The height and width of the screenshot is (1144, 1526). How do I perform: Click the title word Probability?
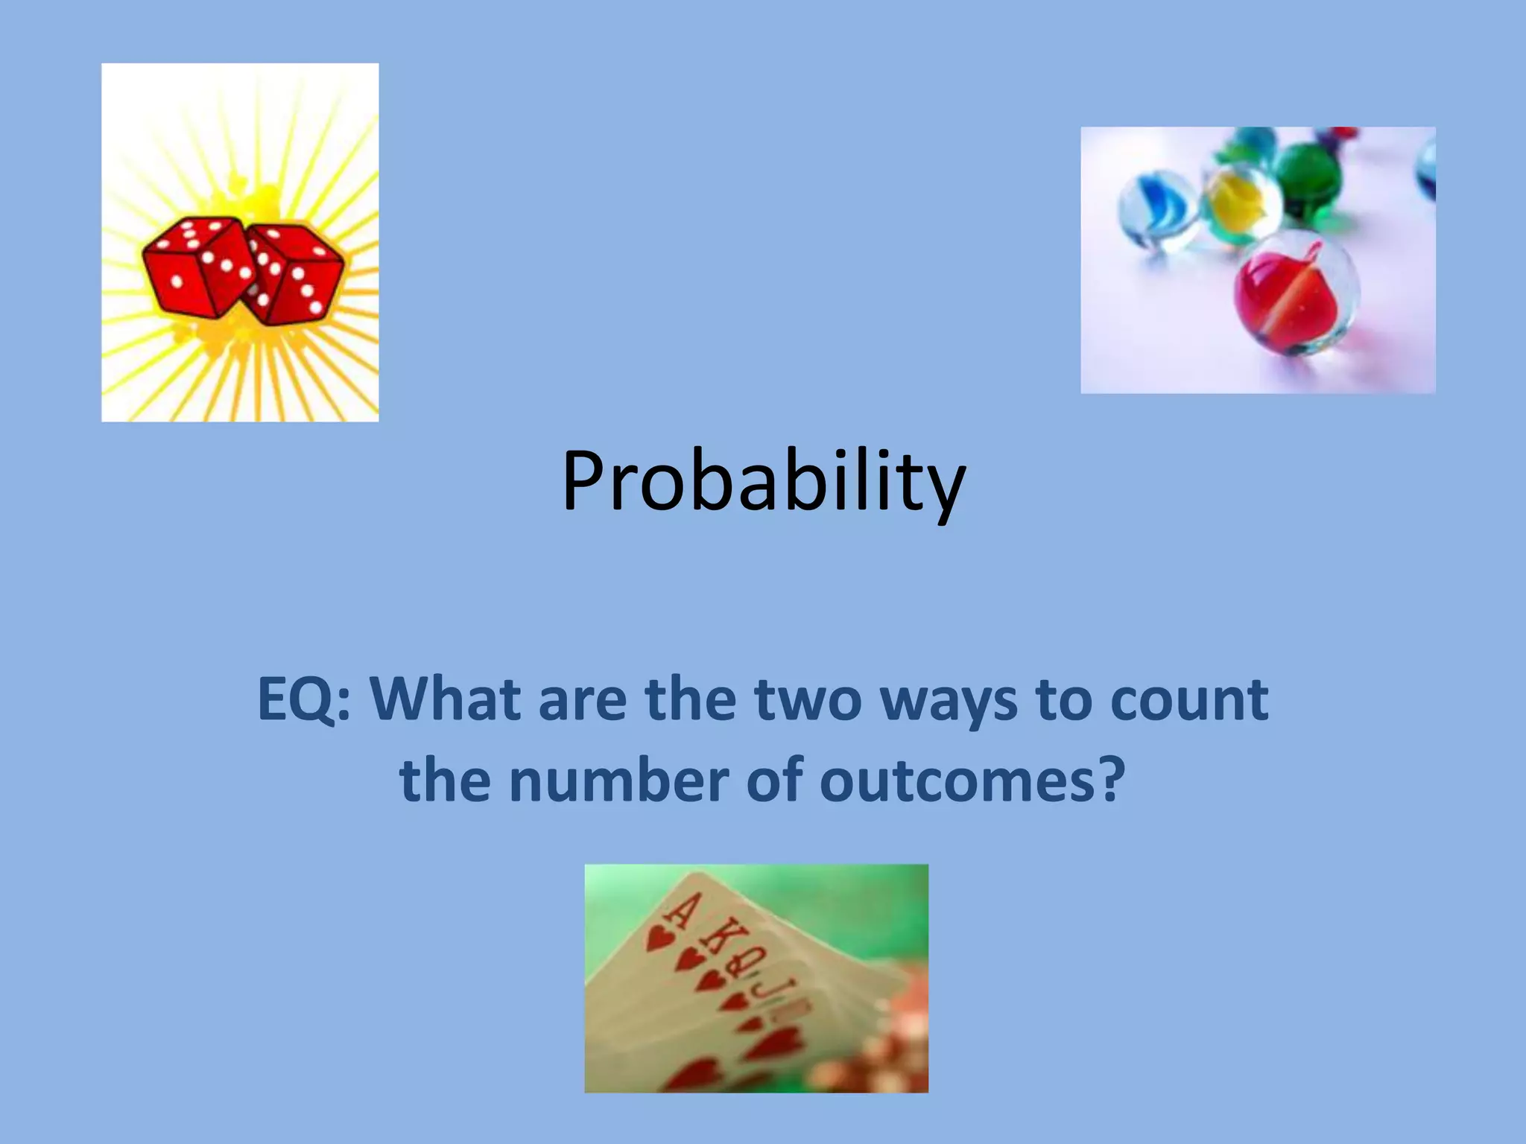(x=763, y=483)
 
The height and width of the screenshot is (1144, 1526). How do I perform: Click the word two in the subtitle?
(x=808, y=700)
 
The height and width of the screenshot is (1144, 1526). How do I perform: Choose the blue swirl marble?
(x=1156, y=209)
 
